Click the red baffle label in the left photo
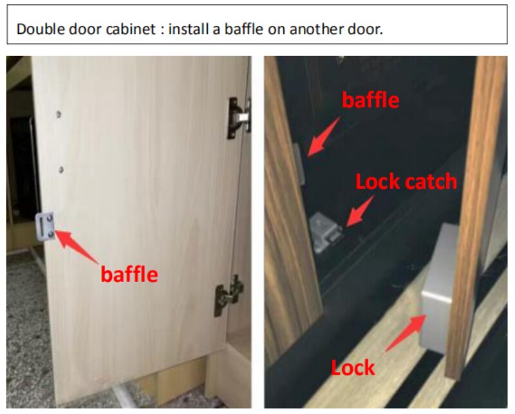(x=129, y=274)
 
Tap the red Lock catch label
(x=406, y=182)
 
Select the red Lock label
(x=353, y=367)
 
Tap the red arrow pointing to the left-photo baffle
(x=77, y=247)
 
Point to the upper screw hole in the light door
(x=58, y=115)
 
